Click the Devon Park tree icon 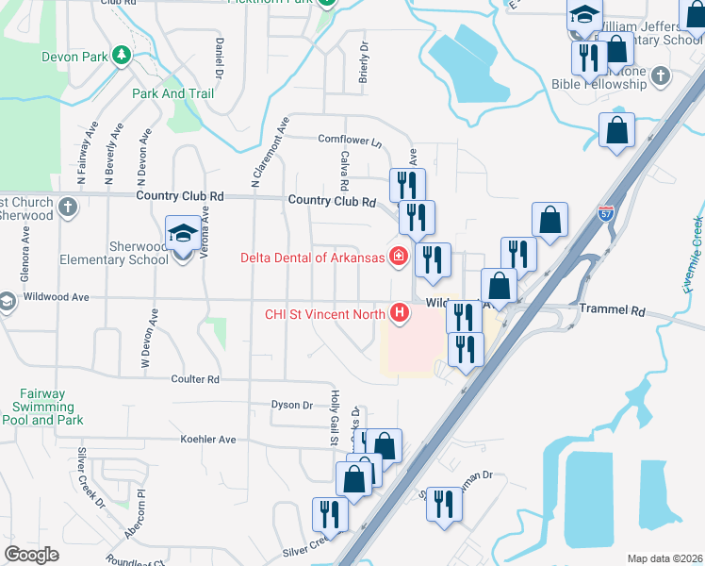click(122, 56)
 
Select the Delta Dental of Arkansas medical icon click(399, 257)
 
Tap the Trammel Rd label click(611, 309)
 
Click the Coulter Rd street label click(195, 379)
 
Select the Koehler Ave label click(208, 440)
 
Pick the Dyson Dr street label click(291, 405)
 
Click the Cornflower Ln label click(350, 141)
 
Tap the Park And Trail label click(172, 93)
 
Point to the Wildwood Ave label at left click(56, 297)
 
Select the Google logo click(32, 555)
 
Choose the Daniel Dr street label click(219, 57)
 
